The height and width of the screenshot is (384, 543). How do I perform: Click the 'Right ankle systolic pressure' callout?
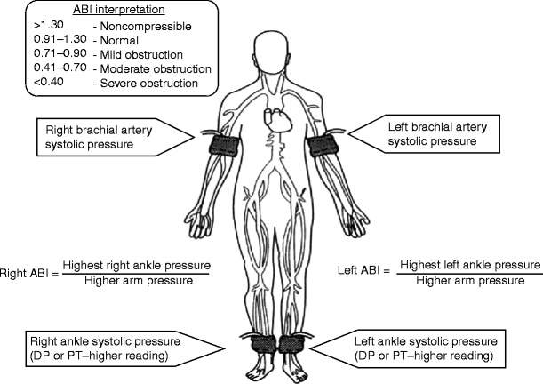102,348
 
